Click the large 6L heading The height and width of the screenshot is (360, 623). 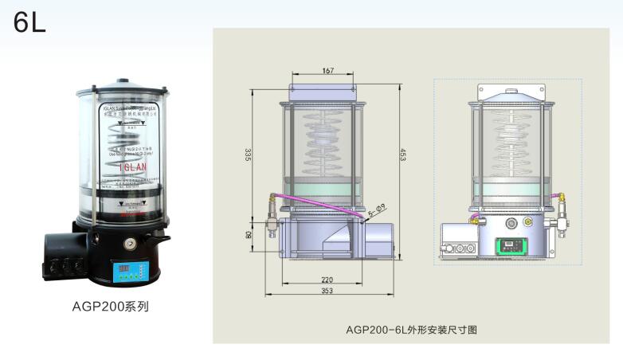pos(29,23)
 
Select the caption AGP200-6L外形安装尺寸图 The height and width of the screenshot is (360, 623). pos(411,328)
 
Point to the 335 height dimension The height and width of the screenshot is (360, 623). pos(248,154)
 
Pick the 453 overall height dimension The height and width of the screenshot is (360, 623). pos(402,157)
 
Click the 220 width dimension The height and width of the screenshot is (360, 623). pos(327,280)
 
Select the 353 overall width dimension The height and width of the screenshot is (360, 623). pos(327,292)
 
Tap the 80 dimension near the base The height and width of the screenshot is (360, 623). pos(248,235)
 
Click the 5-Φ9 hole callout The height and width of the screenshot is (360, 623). pos(377,209)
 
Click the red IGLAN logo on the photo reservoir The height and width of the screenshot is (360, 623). pos(131,169)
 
